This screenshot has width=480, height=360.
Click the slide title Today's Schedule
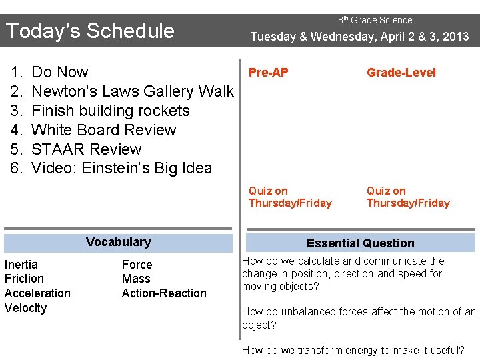90,31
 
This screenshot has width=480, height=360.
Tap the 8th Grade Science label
375,20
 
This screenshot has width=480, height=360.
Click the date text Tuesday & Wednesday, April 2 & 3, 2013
359,37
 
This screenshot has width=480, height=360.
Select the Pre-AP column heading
268,73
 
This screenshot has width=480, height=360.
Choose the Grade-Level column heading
401,73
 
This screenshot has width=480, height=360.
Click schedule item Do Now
60,72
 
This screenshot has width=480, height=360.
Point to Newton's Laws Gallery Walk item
132,91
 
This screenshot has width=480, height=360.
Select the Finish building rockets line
111,111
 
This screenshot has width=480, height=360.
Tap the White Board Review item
103,130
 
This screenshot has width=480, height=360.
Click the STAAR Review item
87,149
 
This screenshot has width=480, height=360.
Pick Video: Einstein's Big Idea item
121,168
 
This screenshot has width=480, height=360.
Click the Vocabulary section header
118,242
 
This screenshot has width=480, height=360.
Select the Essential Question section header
360,243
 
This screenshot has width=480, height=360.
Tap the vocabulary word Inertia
21,265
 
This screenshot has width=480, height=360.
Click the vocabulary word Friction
24,279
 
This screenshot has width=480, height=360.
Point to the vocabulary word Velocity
25,308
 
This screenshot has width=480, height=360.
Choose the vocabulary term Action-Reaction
164,293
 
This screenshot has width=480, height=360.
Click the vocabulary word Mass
136,279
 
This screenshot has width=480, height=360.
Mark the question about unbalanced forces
359,318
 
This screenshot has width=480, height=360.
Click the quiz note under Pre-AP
289,197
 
